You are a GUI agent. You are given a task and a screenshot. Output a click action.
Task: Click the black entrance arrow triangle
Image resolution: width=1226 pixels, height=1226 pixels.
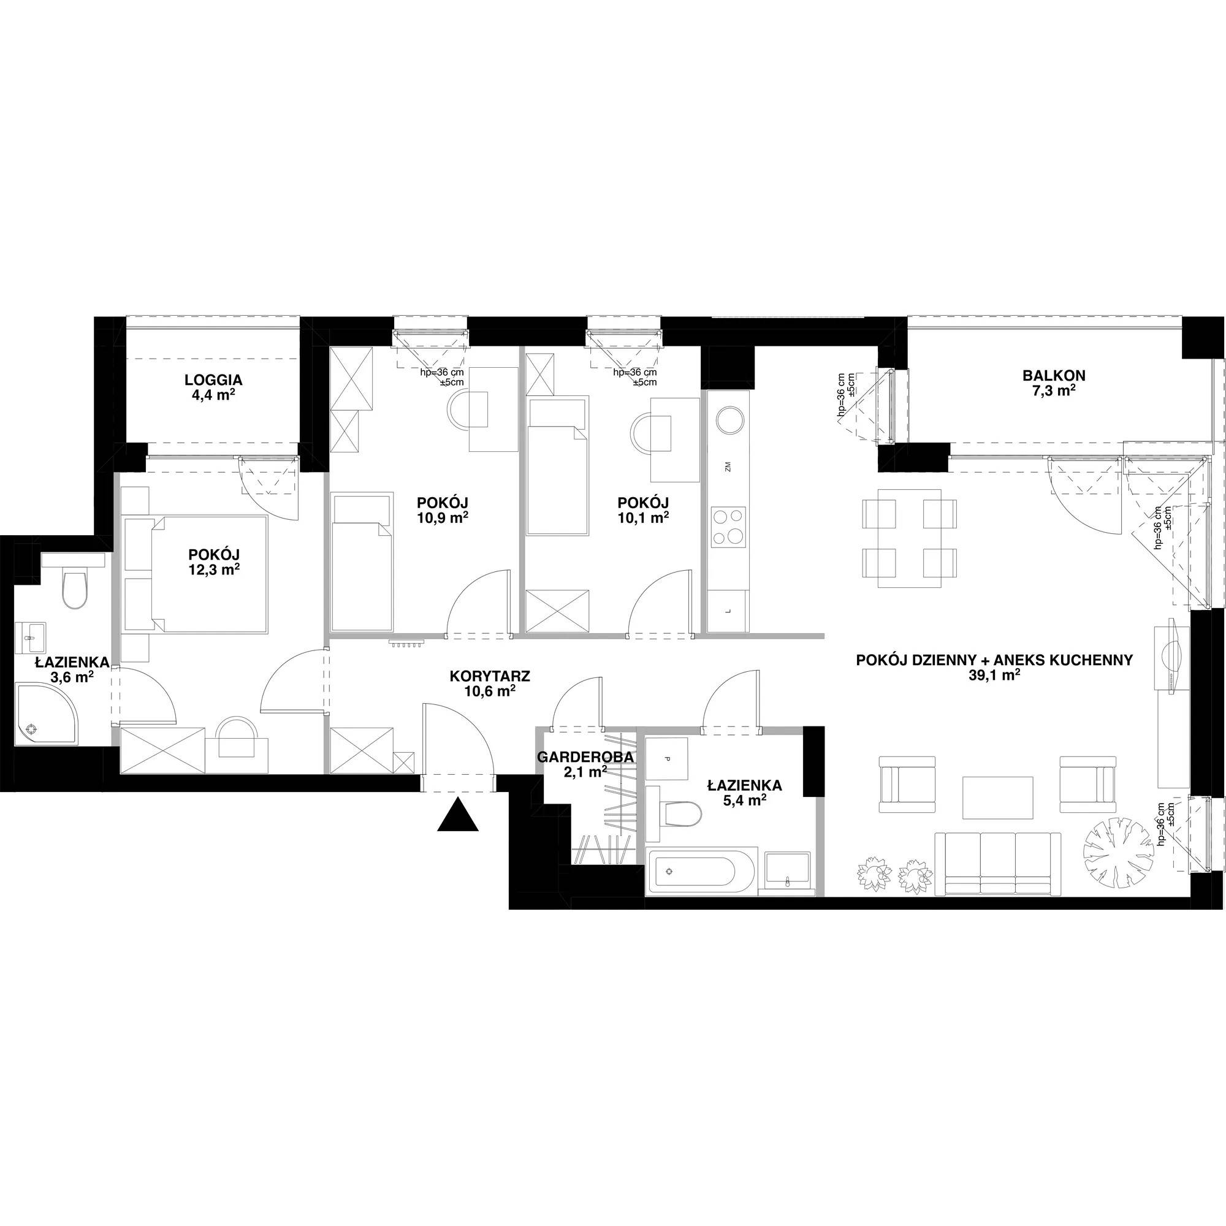[x=457, y=817]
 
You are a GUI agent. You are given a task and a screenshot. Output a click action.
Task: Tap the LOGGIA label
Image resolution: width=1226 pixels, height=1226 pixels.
[x=213, y=380]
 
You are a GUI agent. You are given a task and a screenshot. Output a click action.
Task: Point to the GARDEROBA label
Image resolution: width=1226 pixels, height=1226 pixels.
[x=585, y=757]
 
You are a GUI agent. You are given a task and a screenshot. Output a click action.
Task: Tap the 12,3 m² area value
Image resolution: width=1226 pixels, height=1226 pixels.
[x=213, y=570]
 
